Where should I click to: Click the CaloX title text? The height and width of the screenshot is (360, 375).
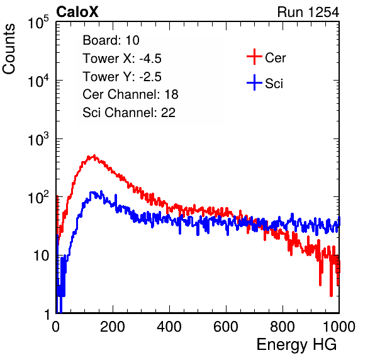point(77,12)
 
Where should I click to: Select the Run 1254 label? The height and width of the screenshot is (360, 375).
point(308,12)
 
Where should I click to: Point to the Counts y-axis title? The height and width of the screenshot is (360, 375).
point(9,49)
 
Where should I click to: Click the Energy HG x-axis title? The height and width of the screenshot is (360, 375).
point(296,344)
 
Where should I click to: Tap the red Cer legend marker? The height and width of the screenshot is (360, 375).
point(254,57)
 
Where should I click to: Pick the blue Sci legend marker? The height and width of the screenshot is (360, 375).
point(254,82)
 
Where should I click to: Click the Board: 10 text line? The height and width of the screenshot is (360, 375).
point(111,40)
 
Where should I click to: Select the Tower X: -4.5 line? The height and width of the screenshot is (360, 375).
point(122,59)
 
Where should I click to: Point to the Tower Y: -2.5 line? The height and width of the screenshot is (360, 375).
point(122,77)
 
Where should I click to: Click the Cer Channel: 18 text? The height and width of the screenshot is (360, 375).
point(130,94)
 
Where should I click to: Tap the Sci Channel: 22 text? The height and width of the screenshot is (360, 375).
point(129,113)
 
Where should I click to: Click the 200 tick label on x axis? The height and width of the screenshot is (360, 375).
point(113,327)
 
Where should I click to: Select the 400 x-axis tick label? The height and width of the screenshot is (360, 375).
point(169,327)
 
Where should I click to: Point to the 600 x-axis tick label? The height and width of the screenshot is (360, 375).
point(226,327)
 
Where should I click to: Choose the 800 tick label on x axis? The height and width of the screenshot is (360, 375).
point(283,327)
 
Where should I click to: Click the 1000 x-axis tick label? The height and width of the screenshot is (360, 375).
point(339,327)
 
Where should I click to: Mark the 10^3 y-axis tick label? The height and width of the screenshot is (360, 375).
point(38,139)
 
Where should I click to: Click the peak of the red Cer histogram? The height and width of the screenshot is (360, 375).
point(94,155)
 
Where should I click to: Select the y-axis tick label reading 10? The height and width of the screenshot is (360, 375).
point(41,256)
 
